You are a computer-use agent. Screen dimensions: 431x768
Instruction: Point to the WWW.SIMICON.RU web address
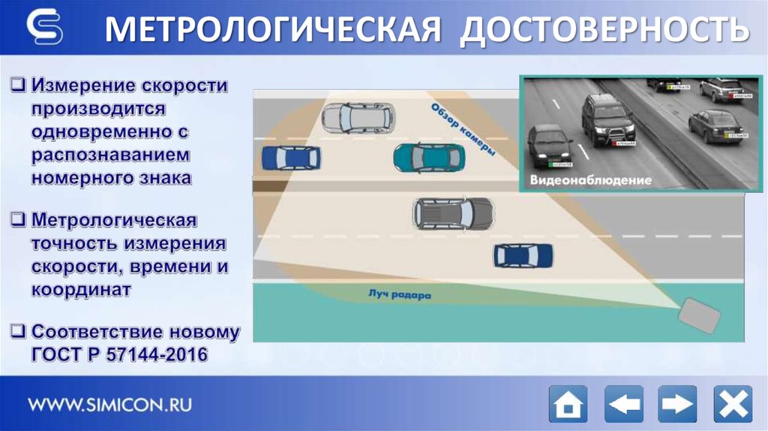click(x=110, y=405)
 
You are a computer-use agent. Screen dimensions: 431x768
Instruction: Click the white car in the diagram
click(x=358, y=117)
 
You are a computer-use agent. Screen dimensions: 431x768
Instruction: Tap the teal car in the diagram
click(x=428, y=157)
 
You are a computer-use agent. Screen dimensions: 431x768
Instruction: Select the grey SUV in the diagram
click(x=453, y=213)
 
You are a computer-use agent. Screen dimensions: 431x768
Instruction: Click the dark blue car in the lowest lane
click(x=523, y=255)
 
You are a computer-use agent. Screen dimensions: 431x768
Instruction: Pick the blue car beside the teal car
click(x=290, y=158)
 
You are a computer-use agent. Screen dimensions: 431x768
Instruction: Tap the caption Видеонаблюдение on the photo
click(x=590, y=180)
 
